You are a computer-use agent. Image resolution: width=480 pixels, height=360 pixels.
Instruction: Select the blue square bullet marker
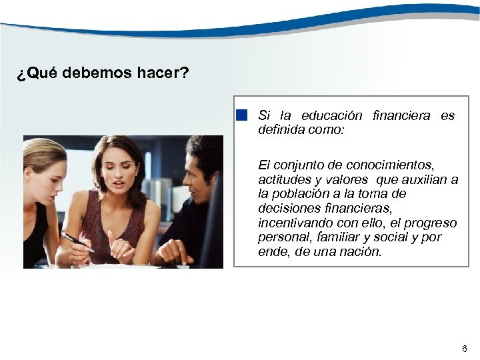[x=241, y=115]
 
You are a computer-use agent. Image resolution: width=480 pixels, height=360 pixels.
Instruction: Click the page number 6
[x=464, y=349]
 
